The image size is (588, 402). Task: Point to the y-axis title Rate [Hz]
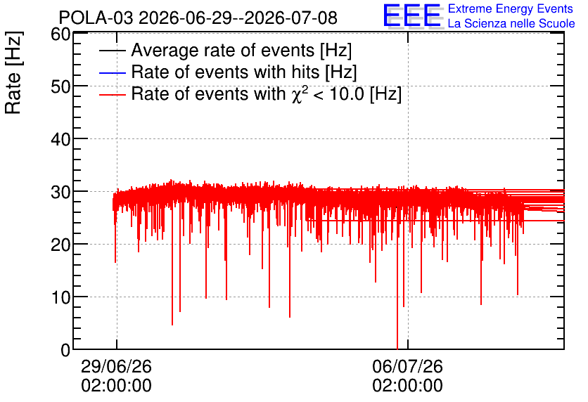13,72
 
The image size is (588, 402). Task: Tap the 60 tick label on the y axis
60,34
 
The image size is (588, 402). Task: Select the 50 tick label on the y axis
60,86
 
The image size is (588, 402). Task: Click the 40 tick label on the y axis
60,139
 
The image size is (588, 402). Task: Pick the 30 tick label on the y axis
60,192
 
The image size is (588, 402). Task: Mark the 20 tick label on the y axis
60,245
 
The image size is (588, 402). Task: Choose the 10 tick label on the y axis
60,297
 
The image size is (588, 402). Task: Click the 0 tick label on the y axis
65,350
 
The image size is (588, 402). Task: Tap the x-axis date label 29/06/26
116,366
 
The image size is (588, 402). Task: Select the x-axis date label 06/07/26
408,366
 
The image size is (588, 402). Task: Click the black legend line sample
112,51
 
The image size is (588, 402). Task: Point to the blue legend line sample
112,72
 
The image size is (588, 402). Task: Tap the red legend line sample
112,94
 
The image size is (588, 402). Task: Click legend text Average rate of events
223,50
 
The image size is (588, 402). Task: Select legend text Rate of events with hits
225,72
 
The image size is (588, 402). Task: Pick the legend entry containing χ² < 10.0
267,93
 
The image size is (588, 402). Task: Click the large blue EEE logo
413,15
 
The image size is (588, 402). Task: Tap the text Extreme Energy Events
511,8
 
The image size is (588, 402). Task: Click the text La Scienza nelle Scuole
511,23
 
